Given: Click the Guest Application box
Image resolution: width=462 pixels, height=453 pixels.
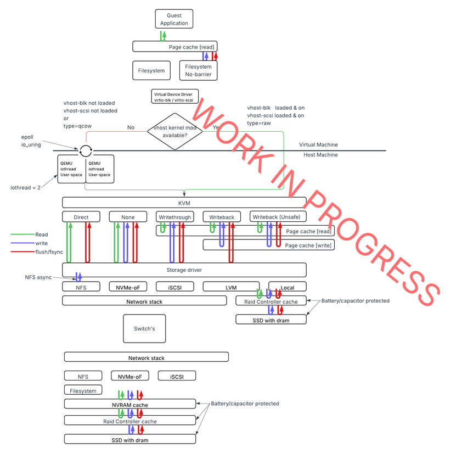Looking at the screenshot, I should [173, 20].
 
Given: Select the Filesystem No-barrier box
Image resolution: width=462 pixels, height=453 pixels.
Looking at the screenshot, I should [198, 70].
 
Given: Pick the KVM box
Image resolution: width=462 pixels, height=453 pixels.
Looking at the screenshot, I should [184, 203].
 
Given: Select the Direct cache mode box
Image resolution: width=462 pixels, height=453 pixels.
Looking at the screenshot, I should [81, 217].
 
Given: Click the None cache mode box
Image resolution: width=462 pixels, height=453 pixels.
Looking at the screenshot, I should [128, 217].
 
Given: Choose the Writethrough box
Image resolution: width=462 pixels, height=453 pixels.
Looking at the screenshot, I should [175, 217].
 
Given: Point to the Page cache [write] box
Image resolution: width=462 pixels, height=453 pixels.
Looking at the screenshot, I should [268, 245].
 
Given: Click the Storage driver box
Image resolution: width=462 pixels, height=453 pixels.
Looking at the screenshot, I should [184, 270].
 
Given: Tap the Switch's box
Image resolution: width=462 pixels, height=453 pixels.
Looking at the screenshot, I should [144, 328].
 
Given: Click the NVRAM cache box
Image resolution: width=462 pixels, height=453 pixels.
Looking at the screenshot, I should [129, 405].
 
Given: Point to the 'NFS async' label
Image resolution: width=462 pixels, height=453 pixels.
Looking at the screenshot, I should [38, 277].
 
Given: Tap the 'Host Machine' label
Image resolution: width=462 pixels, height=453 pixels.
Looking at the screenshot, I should [320, 155].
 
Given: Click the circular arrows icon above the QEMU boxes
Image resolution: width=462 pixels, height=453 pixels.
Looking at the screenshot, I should [85, 150].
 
